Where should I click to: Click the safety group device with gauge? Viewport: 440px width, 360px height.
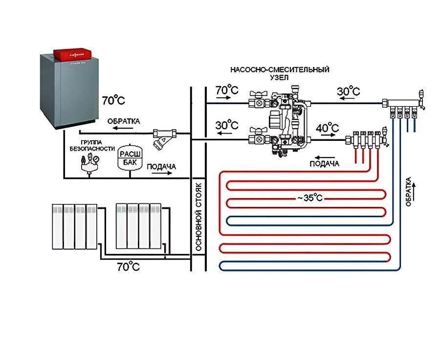click(x=89, y=163)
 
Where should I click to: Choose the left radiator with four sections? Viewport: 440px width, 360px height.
click(x=75, y=226)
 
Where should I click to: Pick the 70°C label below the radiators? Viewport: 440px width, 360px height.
click(x=128, y=267)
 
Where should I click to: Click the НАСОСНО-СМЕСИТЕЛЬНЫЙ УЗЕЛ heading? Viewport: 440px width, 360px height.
click(x=280, y=74)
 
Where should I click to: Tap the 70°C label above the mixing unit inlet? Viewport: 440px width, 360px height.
click(x=227, y=90)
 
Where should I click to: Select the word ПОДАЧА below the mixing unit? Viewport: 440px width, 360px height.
click(x=324, y=164)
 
